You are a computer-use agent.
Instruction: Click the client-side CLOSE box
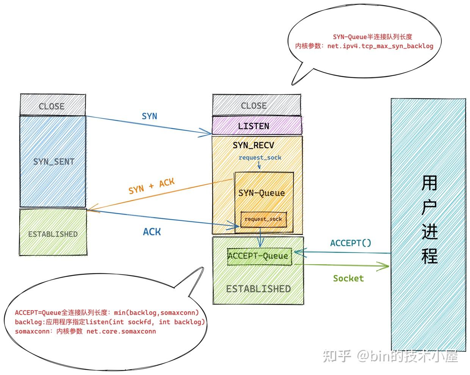click(52, 105)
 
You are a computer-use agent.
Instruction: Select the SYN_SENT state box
click(53, 162)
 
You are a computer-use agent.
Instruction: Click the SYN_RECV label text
click(253, 145)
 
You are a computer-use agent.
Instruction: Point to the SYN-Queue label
click(262, 193)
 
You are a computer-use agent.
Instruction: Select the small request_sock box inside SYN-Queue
click(263, 219)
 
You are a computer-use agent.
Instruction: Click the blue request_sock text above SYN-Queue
click(260, 157)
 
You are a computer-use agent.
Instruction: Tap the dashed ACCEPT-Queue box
click(259, 256)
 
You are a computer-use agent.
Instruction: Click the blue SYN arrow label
click(149, 116)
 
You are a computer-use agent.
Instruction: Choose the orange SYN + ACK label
click(152, 186)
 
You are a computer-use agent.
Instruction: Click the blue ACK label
click(152, 232)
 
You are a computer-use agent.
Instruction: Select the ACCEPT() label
click(351, 243)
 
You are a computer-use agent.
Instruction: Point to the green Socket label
click(348, 278)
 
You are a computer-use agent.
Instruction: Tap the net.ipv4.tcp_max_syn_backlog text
click(380, 46)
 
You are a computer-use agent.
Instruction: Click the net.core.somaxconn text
click(121, 331)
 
